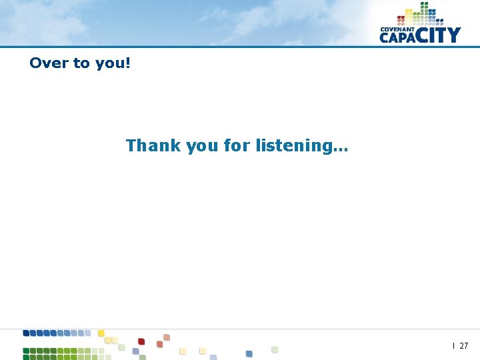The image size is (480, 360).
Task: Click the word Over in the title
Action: pos(49,63)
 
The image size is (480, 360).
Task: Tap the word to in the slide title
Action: pos(81,63)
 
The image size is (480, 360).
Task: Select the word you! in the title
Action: pos(113,63)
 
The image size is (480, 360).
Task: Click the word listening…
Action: pos(301,145)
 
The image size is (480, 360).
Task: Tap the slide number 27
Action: pos(464,346)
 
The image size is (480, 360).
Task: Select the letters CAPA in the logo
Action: pos(399,37)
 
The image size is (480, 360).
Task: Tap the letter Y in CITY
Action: pos(453,35)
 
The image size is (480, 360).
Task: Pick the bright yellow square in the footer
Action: pos(101,333)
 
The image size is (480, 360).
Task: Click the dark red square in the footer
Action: pos(141,341)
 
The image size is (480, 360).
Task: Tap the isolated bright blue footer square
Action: pos(249,353)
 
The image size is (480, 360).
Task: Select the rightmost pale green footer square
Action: pos(274,349)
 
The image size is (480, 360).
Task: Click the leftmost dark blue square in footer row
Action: pos(26,333)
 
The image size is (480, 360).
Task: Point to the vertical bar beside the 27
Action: pos(454,345)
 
